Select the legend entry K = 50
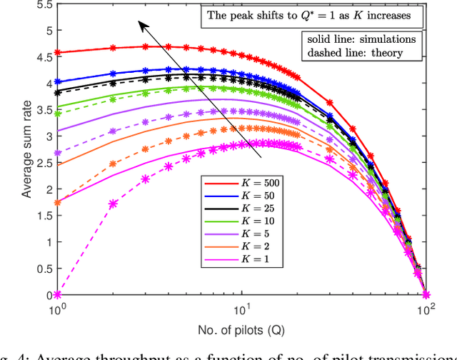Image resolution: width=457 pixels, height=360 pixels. (243, 196)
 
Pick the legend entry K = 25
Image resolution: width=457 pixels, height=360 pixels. (243, 209)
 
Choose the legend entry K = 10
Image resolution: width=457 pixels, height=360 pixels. (243, 222)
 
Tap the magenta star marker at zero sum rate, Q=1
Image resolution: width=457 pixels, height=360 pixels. (58, 294)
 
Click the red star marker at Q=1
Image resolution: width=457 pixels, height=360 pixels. (58, 53)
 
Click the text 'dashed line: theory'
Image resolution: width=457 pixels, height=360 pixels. (351, 52)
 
